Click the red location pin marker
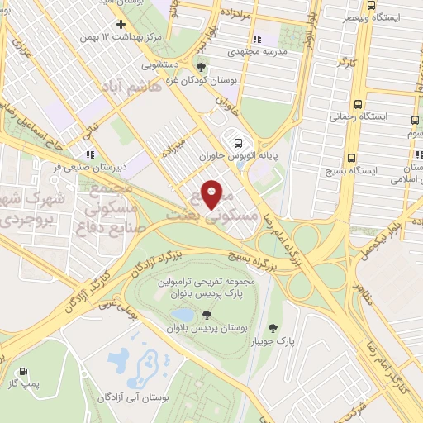point(211,195)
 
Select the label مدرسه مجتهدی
point(258,51)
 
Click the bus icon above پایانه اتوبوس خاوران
point(239,141)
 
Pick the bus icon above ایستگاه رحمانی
point(357,105)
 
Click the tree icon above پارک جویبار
point(272,328)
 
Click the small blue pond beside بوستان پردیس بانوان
point(183,316)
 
